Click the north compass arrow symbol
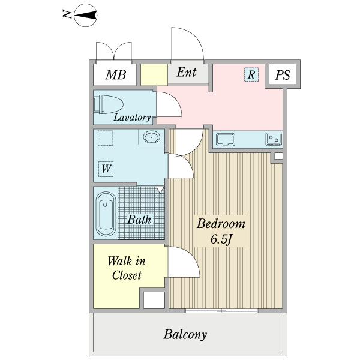tap(86, 16)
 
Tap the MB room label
tap(116, 74)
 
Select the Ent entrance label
tap(187, 72)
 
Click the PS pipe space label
tap(283, 74)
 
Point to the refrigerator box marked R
tap(251, 74)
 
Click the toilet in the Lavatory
tap(109, 104)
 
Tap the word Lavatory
tap(132, 118)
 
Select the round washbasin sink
tap(151, 137)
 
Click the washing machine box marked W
tap(106, 169)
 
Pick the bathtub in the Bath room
tap(106, 214)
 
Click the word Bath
tap(139, 220)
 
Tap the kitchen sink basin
tap(226, 140)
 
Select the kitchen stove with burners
tap(274, 139)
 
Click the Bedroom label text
tap(221, 224)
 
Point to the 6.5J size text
tap(221, 239)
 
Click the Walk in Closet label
tap(127, 268)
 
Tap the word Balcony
tap(185, 335)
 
